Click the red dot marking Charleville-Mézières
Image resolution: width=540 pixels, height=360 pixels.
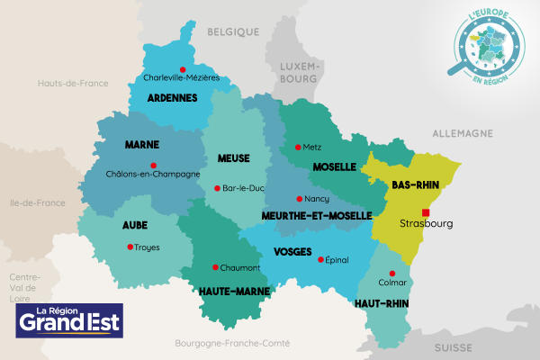click(x=183, y=69)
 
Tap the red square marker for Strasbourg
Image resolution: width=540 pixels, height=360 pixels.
click(x=426, y=212)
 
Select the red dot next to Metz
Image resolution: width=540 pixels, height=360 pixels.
click(x=298, y=147)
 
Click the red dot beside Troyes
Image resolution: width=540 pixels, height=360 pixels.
click(x=130, y=247)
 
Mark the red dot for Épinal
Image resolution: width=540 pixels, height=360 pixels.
click(x=321, y=259)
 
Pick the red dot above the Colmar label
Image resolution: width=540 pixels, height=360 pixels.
click(x=391, y=274)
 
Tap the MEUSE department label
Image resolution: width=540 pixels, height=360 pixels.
click(x=234, y=158)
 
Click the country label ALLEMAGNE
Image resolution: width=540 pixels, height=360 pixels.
click(x=463, y=133)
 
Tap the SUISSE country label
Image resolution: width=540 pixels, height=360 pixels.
click(x=454, y=346)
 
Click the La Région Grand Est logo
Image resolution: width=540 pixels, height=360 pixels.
click(x=70, y=319)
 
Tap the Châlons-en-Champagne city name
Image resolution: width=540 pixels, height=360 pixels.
click(x=152, y=175)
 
